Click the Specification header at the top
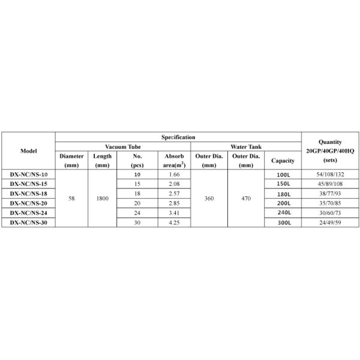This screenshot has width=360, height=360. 178,137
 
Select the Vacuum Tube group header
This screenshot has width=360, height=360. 123,146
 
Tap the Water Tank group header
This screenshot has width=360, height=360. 246,146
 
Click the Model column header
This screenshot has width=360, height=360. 28,151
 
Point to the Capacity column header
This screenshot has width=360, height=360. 283,161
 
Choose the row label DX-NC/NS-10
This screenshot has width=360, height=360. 28,175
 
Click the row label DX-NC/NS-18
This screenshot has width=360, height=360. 28,194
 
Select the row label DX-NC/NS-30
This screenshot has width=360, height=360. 28,223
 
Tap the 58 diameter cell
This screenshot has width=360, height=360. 71,199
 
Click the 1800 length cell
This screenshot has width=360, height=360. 102,199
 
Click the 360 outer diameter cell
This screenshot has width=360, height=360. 209,199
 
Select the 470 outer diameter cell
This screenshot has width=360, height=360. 246,199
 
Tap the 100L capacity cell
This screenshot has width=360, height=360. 283,175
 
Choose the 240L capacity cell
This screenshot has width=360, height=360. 283,213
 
